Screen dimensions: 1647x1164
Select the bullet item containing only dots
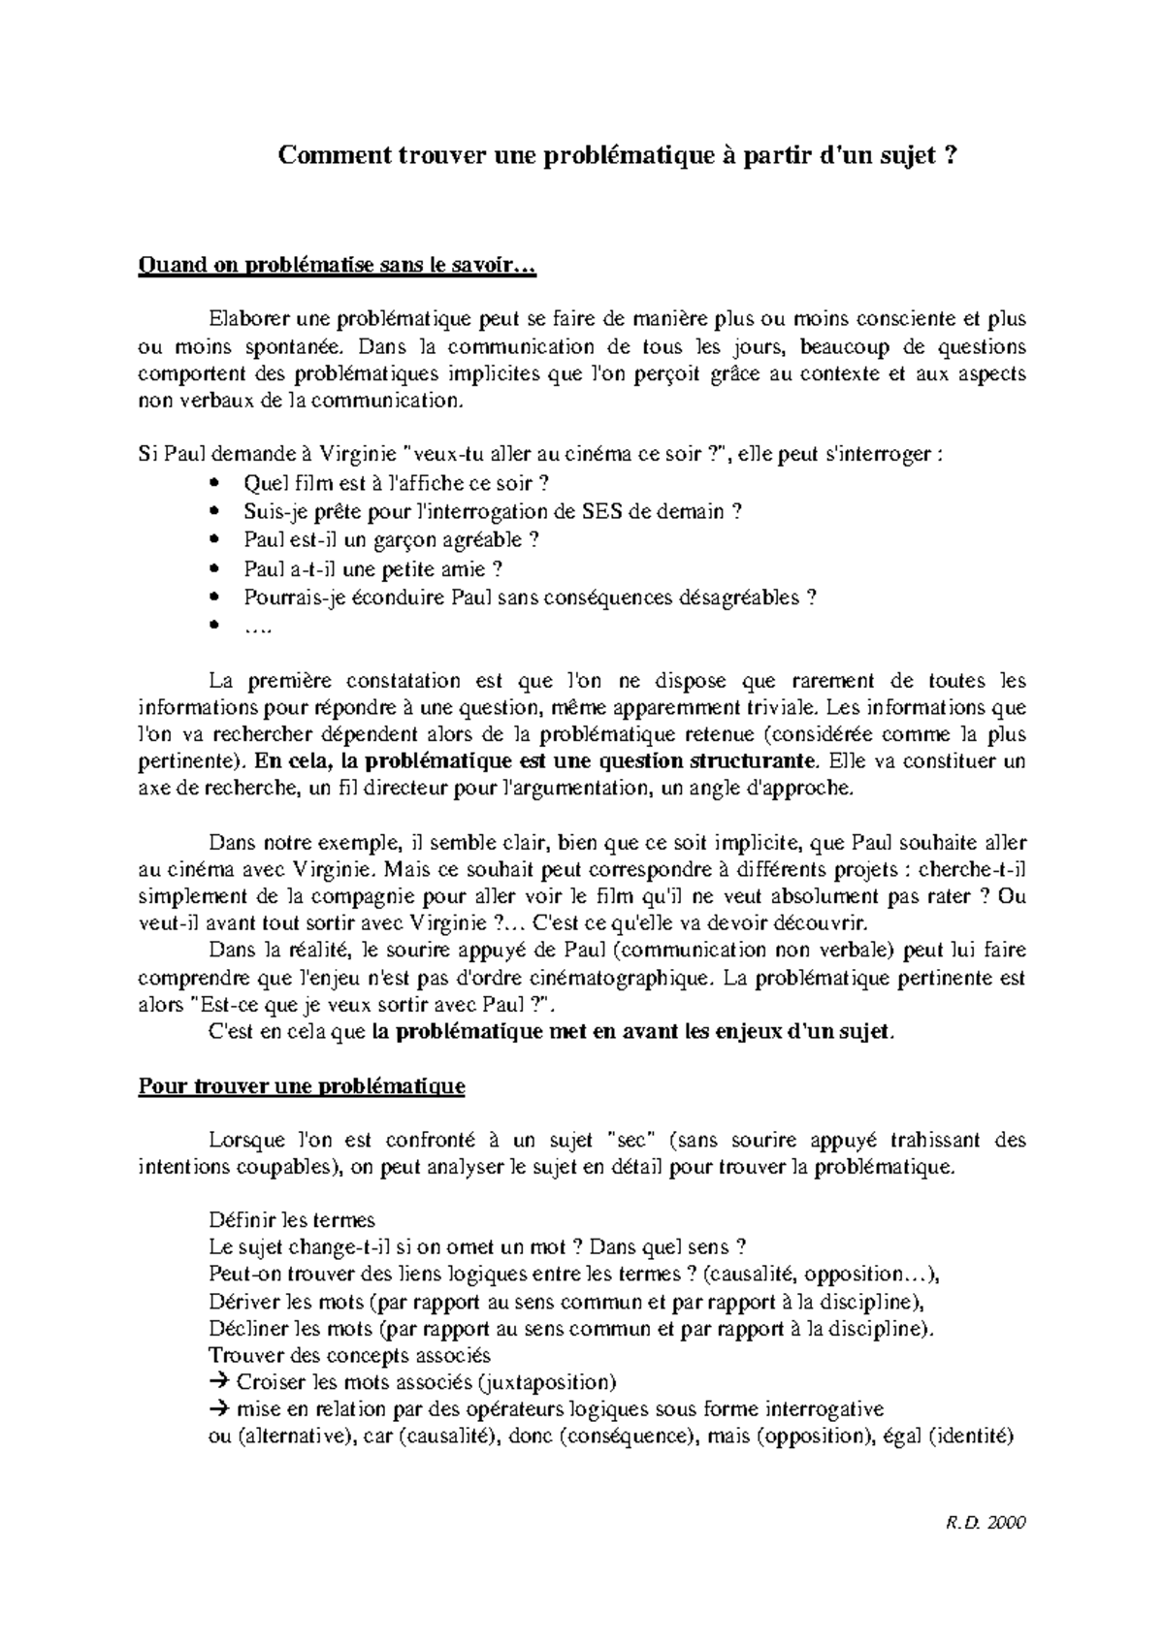(258, 627)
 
